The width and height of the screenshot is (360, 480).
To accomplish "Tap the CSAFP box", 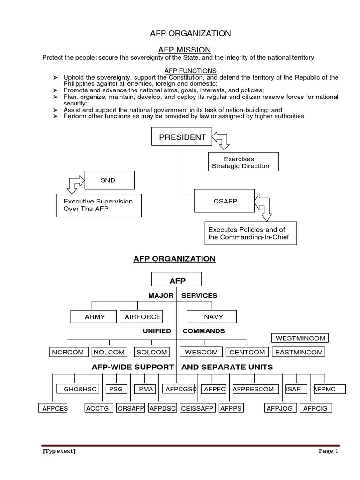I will click(x=225, y=201).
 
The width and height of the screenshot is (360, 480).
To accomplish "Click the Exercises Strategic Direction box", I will click(x=243, y=163).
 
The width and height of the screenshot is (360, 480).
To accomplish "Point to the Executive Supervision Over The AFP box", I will click(x=98, y=205).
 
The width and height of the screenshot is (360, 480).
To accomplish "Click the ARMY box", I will click(x=95, y=317).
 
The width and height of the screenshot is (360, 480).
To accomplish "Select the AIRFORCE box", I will click(x=142, y=317).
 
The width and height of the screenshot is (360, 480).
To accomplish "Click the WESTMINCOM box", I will click(x=300, y=338).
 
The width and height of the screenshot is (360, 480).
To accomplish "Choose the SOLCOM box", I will click(x=152, y=352).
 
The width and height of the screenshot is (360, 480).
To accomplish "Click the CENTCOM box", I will click(x=247, y=352).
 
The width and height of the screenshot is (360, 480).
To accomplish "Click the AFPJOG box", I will click(x=279, y=408).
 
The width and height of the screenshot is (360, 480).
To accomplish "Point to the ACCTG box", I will click(x=97, y=408).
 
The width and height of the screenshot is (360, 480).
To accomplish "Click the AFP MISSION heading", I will click(x=184, y=49).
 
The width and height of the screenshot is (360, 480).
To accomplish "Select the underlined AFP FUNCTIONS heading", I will click(x=184, y=71).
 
